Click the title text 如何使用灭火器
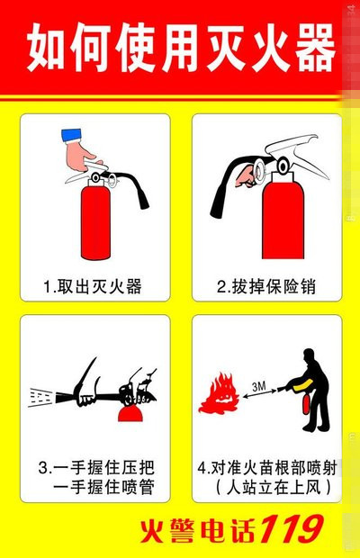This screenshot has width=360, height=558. [x=180, y=49]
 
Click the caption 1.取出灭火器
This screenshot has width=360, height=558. [x=93, y=287]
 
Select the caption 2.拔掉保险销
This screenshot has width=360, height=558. [x=267, y=287]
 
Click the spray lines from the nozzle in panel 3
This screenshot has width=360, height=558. [x=41, y=394]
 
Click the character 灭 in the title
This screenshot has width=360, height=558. [x=211, y=49]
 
